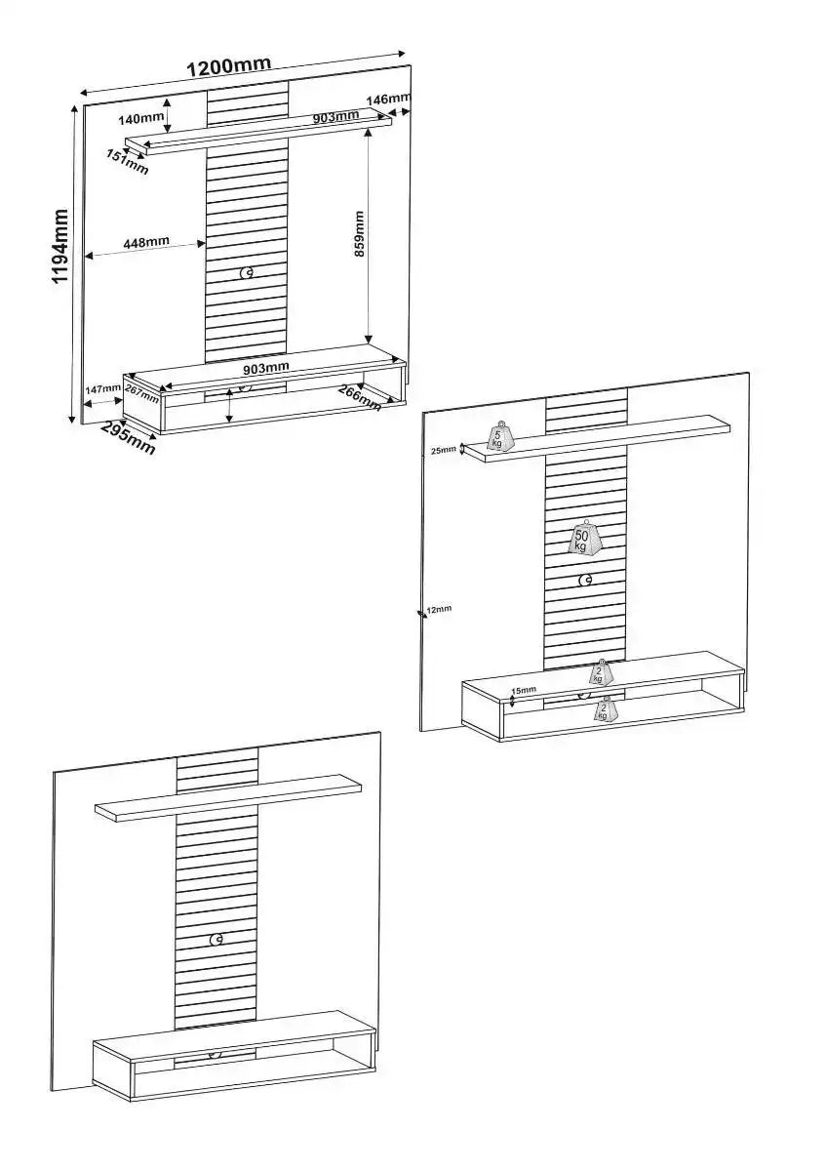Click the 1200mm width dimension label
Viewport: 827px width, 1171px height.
tap(228, 66)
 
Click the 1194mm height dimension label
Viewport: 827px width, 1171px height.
tap(60, 247)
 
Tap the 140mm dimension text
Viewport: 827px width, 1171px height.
tap(139, 119)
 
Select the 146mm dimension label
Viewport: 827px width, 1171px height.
tap(388, 100)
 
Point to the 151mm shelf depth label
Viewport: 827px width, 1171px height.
tap(127, 162)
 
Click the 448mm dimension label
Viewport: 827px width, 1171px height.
tap(146, 242)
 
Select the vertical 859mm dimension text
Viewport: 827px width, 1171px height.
tap(359, 233)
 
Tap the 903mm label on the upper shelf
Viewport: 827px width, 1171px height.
tap(335, 117)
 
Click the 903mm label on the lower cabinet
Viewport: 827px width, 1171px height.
tap(264, 368)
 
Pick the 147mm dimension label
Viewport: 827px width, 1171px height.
tap(102, 389)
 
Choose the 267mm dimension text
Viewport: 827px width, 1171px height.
tap(141, 393)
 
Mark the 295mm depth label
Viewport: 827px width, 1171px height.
tap(128, 439)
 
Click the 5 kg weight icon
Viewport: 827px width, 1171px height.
tap(498, 438)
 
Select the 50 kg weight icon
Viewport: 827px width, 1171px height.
tap(586, 538)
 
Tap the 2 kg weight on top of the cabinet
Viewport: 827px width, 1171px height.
tap(602, 673)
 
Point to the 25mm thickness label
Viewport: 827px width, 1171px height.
tap(442, 450)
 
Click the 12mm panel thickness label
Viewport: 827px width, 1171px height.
tap(439, 610)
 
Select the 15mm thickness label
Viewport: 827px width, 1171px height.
tap(524, 690)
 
